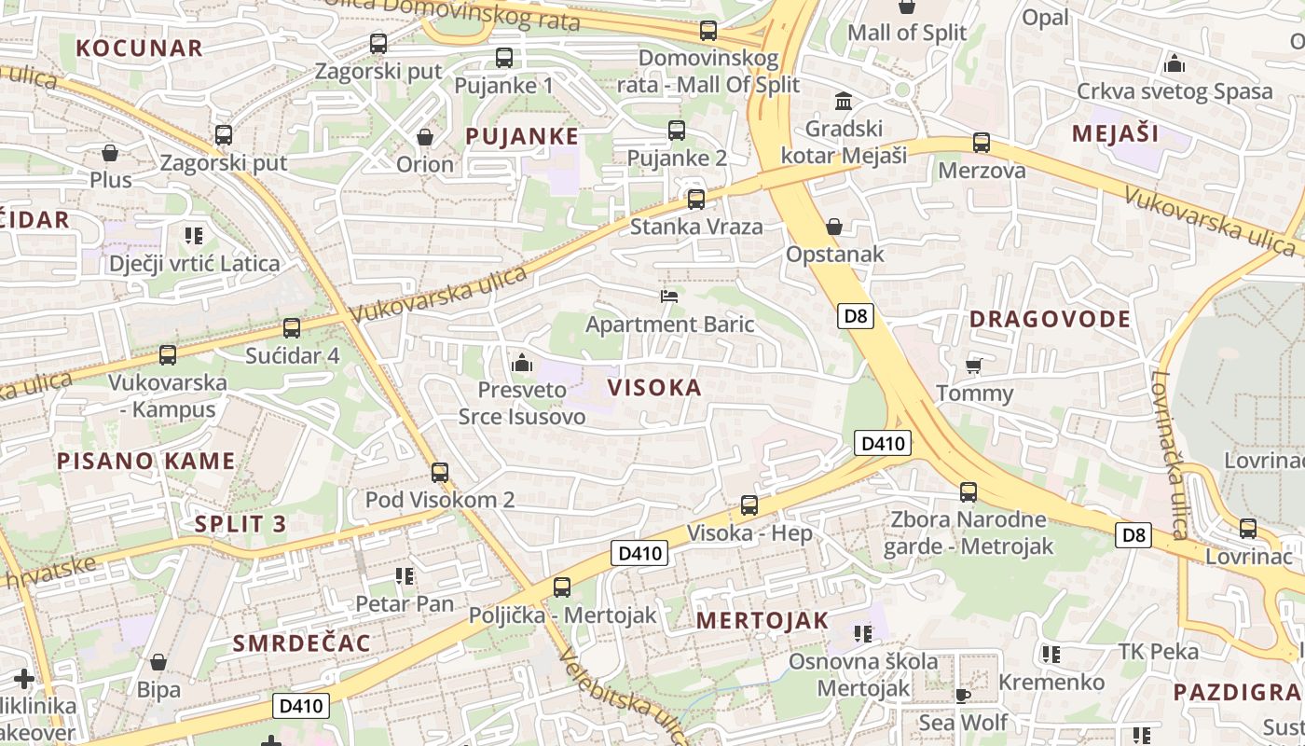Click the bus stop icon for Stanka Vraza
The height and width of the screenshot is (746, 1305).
(x=695, y=199)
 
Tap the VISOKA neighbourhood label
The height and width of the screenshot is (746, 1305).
(x=654, y=387)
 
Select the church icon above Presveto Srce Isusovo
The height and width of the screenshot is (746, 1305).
(x=522, y=362)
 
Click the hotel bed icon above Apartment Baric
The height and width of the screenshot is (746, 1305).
(x=668, y=297)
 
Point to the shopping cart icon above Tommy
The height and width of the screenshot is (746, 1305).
(x=974, y=366)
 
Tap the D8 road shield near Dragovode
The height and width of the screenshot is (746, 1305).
(x=855, y=316)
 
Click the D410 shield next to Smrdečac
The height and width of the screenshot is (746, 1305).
(x=301, y=706)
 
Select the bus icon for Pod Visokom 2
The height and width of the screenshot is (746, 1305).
(x=440, y=473)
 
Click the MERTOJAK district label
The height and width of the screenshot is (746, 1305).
(x=762, y=621)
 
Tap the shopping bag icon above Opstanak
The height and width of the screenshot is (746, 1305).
(x=834, y=227)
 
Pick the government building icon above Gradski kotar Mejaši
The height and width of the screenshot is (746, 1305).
(x=844, y=101)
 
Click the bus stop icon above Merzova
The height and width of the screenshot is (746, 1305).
(x=982, y=143)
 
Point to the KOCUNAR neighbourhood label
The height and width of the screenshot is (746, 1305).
(x=139, y=48)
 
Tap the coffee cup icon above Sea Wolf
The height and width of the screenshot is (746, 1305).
(x=963, y=695)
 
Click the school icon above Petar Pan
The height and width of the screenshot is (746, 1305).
(x=404, y=576)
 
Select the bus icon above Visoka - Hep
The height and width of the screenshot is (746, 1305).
(x=749, y=505)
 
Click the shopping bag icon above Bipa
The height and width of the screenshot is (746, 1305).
(x=158, y=663)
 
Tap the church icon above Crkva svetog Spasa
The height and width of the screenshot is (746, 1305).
(x=1174, y=64)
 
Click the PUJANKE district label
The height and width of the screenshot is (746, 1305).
(x=522, y=136)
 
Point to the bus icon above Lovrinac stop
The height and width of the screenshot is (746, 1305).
(x=1247, y=529)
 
